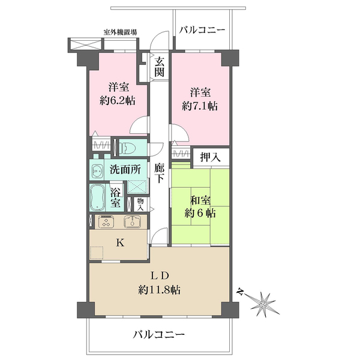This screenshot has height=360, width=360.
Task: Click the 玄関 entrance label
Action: click(160, 67)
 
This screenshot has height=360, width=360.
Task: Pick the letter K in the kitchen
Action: click(119, 243)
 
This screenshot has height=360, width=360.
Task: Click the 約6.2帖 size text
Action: click(117, 100)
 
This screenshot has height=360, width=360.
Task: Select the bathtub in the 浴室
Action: click(97, 197)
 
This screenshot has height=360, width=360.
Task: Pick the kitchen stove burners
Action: click(105, 222)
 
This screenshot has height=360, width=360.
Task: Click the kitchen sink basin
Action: click(133, 222)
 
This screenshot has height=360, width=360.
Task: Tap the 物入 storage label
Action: click(140, 204)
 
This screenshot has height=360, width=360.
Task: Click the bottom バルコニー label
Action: click(159, 334)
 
